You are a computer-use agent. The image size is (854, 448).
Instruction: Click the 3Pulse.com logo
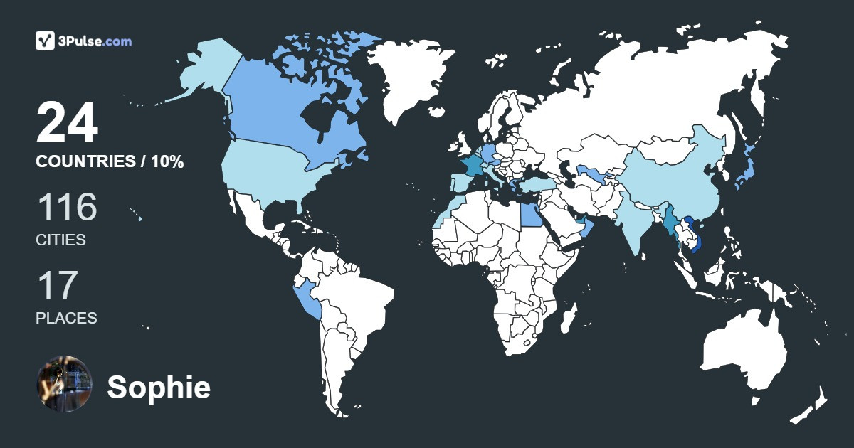83,41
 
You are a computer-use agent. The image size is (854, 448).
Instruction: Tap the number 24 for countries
67,123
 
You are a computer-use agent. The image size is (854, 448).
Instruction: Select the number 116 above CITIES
66,208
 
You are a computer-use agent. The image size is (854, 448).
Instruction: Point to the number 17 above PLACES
56,285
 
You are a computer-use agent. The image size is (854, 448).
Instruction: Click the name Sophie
159,388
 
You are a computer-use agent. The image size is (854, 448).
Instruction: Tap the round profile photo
64,383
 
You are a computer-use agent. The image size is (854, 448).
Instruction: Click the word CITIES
60,240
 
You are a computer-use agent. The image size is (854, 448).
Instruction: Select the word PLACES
66,318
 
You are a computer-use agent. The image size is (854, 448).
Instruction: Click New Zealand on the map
811,405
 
